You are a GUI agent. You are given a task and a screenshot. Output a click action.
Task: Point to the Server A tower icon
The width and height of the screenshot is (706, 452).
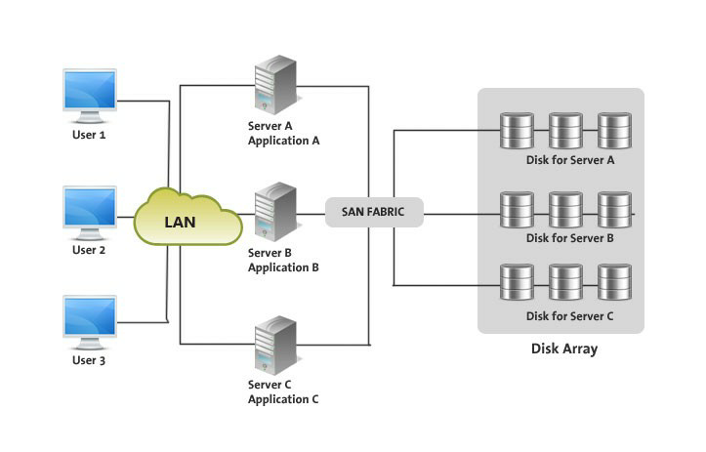(275, 86)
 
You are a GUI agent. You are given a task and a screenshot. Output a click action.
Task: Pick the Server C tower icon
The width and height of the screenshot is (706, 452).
(275, 345)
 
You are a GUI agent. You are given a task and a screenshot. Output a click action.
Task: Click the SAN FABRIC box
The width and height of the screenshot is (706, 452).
(374, 211)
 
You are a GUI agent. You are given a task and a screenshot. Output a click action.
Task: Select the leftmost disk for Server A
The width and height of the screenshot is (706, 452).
(517, 130)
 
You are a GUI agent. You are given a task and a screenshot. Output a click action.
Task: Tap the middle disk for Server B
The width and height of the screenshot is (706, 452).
(565, 208)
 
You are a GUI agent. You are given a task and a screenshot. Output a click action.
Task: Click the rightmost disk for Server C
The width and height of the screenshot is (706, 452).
(614, 282)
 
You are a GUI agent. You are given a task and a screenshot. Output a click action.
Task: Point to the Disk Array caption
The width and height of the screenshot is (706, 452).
(563, 349)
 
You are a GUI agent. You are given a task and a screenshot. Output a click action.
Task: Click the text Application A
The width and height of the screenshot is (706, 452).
(283, 141)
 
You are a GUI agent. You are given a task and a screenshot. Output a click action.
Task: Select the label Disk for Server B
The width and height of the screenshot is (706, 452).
(569, 237)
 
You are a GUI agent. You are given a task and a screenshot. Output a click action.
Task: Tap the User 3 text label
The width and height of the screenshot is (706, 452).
(89, 361)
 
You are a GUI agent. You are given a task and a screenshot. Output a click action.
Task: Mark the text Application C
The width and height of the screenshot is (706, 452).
(283, 399)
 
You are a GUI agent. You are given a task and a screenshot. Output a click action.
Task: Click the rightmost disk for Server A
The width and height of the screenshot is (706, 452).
(614, 130)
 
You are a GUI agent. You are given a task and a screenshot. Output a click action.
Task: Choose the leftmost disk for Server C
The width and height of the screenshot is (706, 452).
(517, 282)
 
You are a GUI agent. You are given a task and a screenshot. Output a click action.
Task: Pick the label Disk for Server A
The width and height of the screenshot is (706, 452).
(569, 160)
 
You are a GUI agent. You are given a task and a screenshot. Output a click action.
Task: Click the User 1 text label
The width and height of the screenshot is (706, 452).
(89, 135)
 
